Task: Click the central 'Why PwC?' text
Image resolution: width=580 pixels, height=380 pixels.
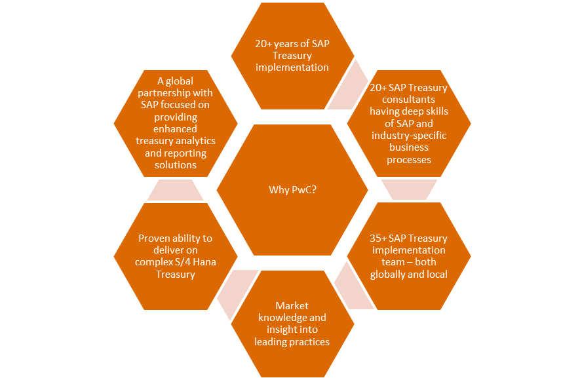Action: click(x=292, y=190)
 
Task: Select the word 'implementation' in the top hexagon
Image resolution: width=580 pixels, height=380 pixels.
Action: click(x=292, y=67)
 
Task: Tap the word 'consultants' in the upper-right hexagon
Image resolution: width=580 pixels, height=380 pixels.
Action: click(x=409, y=100)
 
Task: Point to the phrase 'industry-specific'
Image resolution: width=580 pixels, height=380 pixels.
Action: click(x=409, y=136)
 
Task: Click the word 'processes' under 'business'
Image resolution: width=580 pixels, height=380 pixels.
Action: click(x=409, y=159)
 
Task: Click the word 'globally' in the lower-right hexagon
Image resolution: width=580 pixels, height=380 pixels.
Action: click(x=391, y=274)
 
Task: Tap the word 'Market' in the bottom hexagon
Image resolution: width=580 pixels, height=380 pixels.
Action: click(x=292, y=306)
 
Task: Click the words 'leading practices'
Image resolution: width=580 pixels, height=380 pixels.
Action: click(x=292, y=342)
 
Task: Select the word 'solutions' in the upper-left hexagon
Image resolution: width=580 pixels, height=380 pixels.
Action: click(x=176, y=164)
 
